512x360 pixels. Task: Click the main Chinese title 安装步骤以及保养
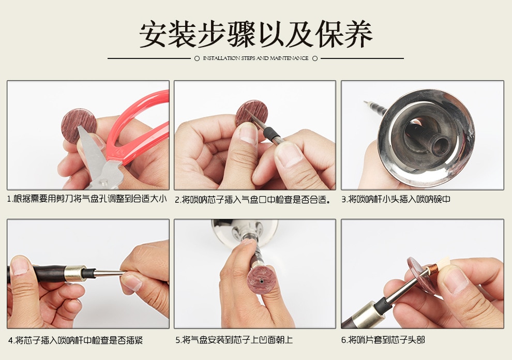click(255, 35)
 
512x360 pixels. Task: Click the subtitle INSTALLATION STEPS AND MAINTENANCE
click(255, 58)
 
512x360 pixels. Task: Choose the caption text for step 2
click(252, 199)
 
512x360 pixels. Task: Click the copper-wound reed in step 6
click(432, 269)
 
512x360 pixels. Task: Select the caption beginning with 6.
click(383, 340)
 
